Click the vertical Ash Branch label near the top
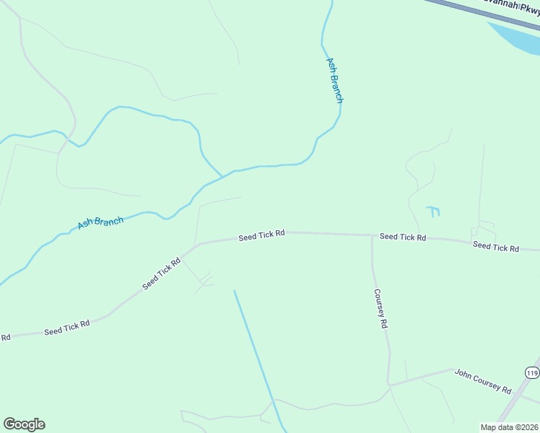click(334, 80)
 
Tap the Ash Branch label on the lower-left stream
click(100, 222)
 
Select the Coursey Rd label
click(380, 309)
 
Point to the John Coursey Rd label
click(482, 380)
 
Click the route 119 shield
click(532, 372)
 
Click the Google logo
click(24, 424)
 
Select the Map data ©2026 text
click(509, 427)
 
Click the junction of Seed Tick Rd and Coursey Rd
click(372, 235)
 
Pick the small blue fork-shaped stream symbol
click(433, 211)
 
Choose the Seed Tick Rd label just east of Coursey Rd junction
click(403, 237)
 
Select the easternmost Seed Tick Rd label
click(496, 247)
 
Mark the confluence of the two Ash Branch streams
click(222, 176)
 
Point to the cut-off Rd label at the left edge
click(5, 337)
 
